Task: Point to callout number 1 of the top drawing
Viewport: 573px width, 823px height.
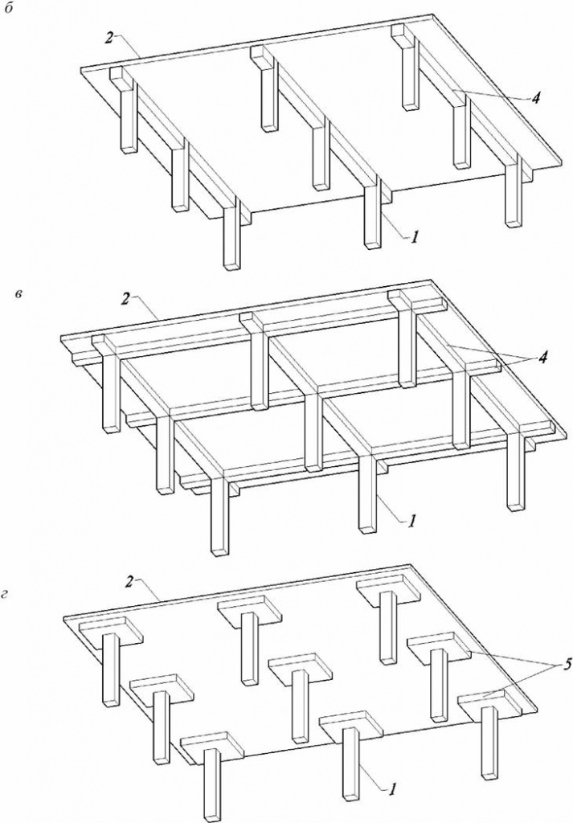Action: (415, 237)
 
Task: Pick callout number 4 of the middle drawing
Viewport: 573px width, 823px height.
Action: (542, 358)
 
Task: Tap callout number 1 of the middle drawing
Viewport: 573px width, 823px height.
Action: (412, 521)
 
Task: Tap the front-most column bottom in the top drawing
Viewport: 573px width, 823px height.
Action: (232, 264)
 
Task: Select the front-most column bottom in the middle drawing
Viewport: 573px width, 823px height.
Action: (220, 548)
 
